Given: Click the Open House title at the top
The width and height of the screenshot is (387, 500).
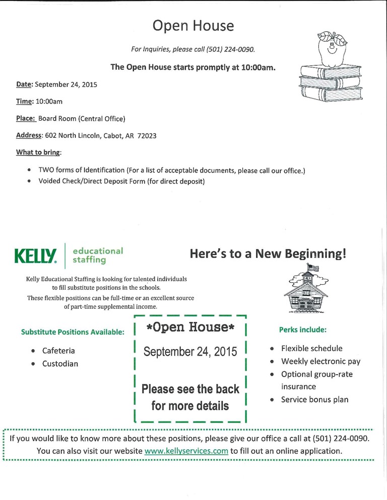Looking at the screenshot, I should coord(193,26).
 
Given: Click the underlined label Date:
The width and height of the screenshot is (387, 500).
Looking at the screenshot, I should coord(25,85).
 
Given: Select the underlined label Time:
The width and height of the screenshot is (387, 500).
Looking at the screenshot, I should coord(25,102).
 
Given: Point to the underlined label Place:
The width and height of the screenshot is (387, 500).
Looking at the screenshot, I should coord(26,119).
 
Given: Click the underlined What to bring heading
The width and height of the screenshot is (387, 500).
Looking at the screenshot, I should coord(38,152).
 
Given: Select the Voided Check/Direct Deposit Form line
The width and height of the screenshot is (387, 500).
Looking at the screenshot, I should coord(121,181).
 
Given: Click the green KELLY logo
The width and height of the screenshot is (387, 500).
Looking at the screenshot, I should coord(36,257).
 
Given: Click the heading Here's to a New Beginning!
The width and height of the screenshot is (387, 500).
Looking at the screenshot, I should coord(268,254).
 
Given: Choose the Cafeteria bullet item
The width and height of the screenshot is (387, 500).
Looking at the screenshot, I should coord(58,351).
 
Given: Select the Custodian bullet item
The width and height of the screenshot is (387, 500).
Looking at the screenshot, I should coord(60,363).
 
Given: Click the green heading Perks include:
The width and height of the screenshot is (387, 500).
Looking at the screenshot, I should coord(302,330).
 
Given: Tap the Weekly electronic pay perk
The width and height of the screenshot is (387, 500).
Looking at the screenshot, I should coord(320,361).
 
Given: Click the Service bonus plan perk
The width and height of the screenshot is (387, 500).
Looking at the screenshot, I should coord(314,400).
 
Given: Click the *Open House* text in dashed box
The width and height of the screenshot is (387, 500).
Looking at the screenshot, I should coord(190,327).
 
